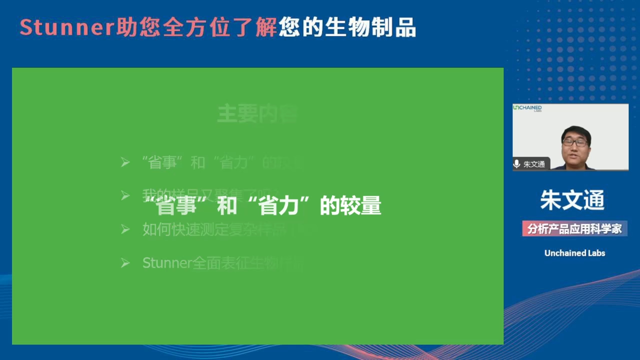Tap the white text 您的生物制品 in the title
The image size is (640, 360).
point(347,28)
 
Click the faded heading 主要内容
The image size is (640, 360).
point(257,114)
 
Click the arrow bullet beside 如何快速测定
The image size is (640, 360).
point(125,229)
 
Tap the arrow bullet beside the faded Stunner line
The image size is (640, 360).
point(125,263)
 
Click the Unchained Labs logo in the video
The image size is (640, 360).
point(527,108)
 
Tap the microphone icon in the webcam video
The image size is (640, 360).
point(517,164)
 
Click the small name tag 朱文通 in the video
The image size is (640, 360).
point(534,164)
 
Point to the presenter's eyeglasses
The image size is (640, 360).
point(575,142)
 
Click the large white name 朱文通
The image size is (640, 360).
point(572,200)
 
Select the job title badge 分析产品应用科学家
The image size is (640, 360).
point(574,229)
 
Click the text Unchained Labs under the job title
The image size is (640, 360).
point(574,253)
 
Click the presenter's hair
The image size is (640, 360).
point(576,131)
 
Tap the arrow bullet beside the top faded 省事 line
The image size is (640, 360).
point(125,162)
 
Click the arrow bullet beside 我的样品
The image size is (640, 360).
point(125,195)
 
